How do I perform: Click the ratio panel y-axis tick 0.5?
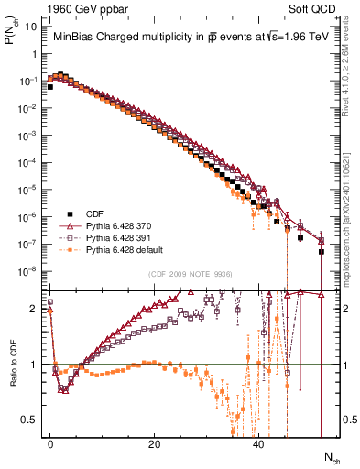click(29, 420)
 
